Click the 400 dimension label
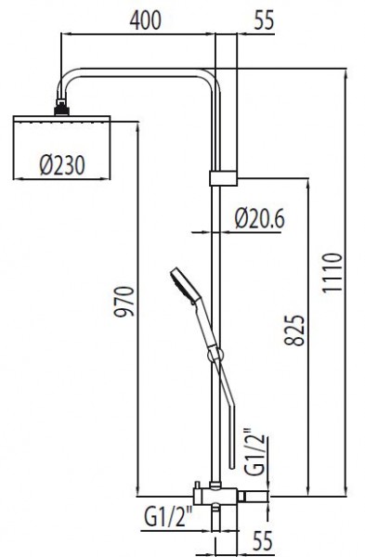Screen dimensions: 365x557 tap(146, 19)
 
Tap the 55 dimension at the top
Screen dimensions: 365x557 tap(264, 19)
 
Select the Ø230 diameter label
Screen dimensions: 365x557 tap(62, 165)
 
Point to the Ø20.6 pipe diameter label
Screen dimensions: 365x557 tap(260, 218)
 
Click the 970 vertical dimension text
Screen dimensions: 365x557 tap(124, 301)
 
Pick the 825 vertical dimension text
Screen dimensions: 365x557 tap(295, 330)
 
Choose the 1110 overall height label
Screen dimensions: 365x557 tap(332, 272)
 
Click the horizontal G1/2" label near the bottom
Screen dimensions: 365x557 tap(168, 517)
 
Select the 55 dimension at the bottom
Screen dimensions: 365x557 tap(262, 540)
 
